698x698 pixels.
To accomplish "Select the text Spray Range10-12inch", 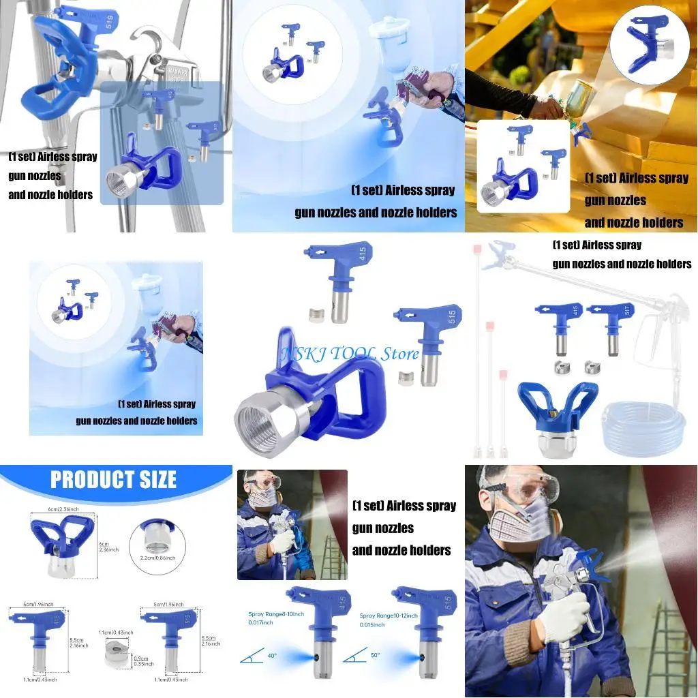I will pyautogui.click(x=389, y=615).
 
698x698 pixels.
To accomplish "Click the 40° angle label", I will pyautogui.click(x=271, y=656).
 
